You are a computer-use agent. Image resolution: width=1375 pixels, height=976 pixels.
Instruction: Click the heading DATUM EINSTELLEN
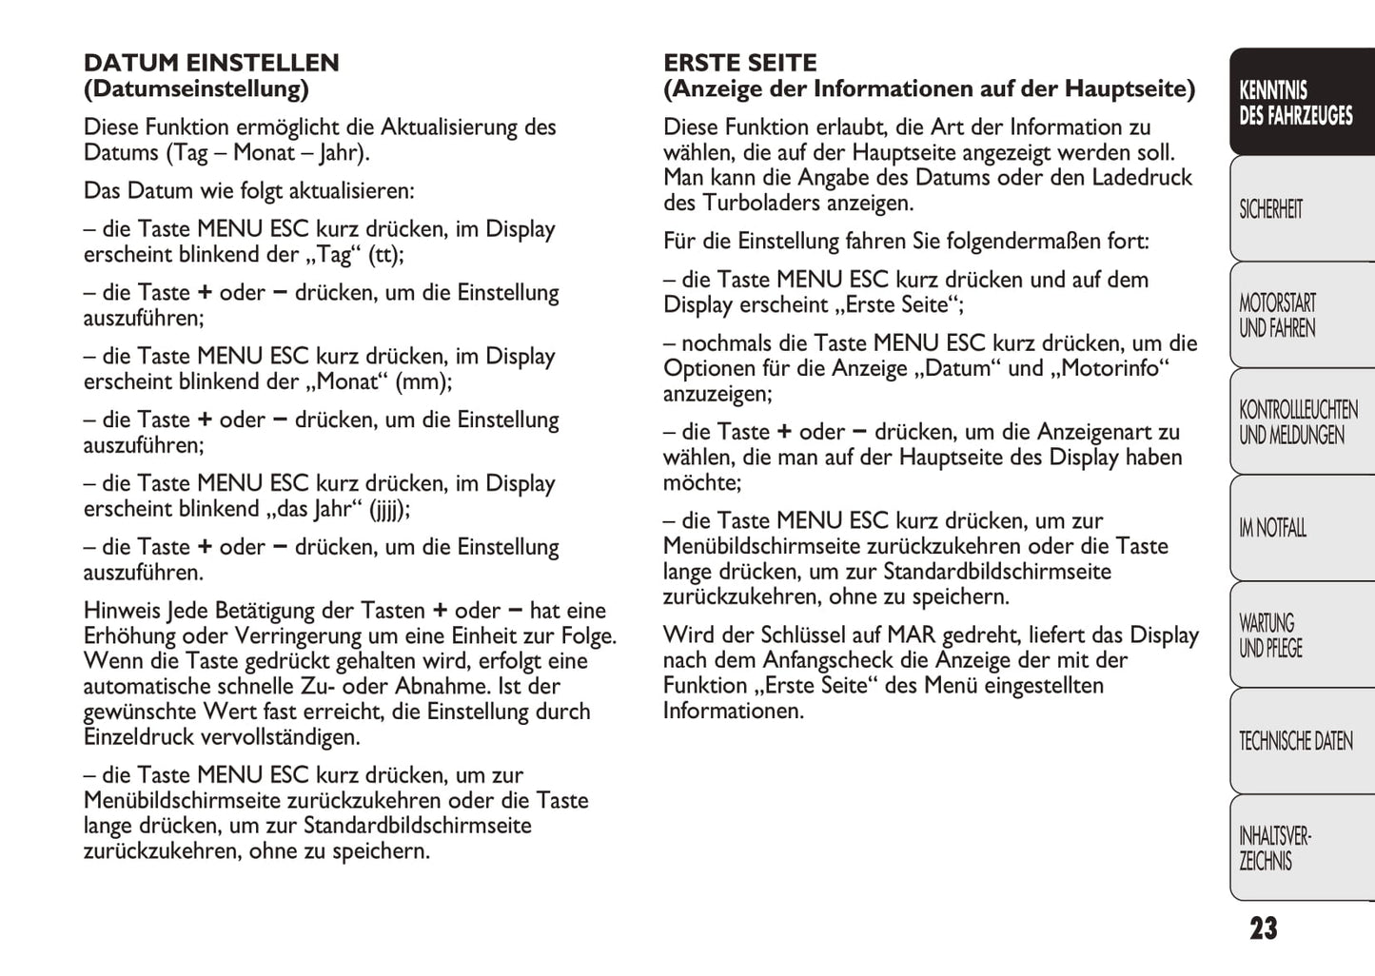[211, 63]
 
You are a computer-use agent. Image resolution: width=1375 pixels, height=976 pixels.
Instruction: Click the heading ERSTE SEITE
[739, 63]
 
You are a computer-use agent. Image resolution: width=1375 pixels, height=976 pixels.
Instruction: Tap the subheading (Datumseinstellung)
[196, 89]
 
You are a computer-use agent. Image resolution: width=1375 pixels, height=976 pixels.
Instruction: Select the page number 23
[1263, 928]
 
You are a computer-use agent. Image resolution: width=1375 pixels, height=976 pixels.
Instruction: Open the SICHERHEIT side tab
[1270, 209]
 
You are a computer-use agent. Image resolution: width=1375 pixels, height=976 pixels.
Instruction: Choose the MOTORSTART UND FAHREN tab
[1277, 316]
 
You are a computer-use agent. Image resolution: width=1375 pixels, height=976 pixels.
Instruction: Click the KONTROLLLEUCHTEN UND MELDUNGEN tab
[1297, 422]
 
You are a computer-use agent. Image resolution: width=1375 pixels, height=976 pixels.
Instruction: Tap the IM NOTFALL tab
[1272, 528]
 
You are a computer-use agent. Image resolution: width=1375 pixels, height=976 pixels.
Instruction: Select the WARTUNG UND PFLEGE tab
[1269, 635]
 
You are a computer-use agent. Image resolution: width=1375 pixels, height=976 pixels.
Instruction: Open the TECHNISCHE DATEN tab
[1295, 741]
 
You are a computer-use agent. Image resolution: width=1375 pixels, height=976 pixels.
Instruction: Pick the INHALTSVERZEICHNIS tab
[1274, 849]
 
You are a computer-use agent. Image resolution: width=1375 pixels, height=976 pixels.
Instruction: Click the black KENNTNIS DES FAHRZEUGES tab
[1295, 103]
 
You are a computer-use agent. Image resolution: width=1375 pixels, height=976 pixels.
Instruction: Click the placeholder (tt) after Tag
[385, 255]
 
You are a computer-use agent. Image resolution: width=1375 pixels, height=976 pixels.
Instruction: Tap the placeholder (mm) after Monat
[423, 382]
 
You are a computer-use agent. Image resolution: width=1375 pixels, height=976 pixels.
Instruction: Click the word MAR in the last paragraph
[911, 635]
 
